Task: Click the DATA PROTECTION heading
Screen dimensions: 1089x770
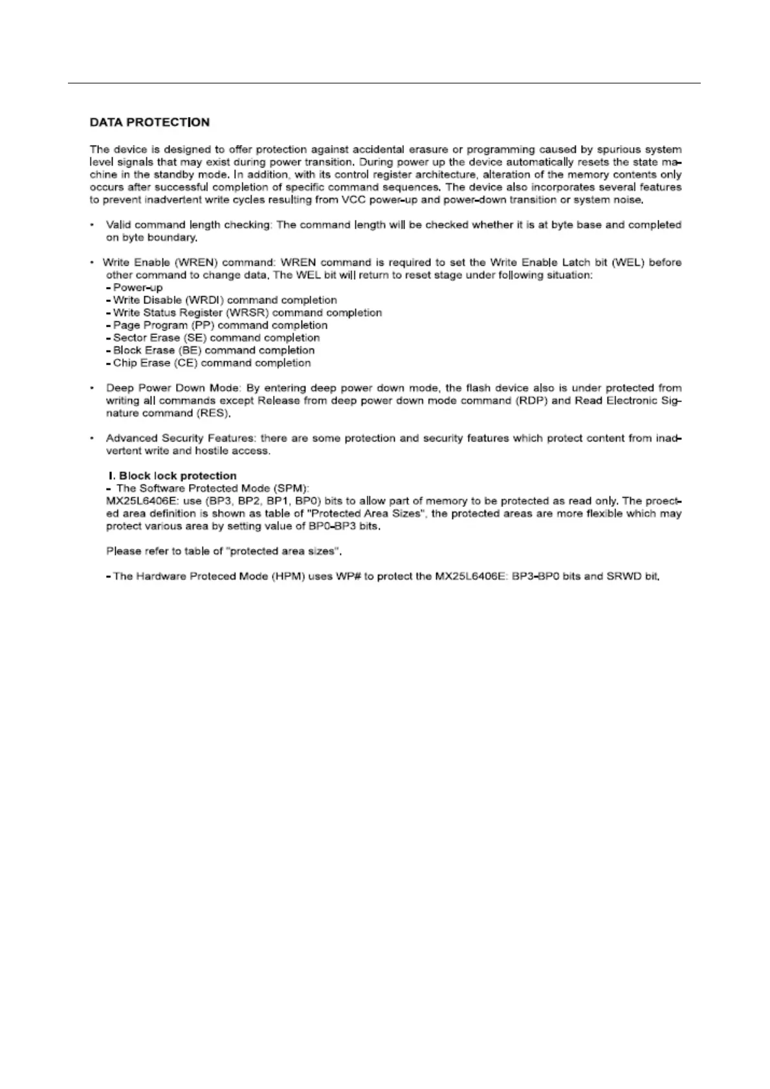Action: (149, 122)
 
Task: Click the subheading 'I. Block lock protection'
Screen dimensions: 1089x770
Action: (173, 476)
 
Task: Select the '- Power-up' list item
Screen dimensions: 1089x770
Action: (135, 288)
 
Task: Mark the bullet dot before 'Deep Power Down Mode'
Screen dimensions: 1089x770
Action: (93, 388)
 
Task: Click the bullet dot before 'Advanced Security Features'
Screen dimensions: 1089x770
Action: (93, 438)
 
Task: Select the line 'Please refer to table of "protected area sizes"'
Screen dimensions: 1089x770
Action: (223, 552)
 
